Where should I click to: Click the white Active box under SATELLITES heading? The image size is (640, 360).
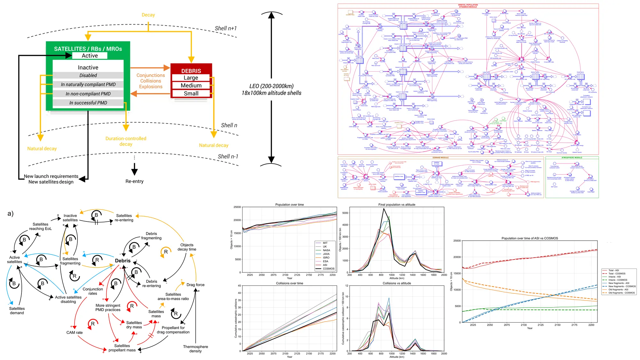pos(90,56)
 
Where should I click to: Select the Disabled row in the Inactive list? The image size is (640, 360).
pos(88,76)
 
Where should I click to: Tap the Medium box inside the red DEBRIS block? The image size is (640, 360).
pos(191,85)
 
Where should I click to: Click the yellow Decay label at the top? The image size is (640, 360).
pos(148,15)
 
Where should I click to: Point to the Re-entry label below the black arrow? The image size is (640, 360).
pos(134,181)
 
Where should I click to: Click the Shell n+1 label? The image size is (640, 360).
pos(226,28)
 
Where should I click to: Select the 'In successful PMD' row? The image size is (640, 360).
pos(88,103)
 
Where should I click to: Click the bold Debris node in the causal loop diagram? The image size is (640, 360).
pos(123,261)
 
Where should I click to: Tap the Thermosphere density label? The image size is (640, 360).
pos(195,349)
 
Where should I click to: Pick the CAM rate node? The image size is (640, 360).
pos(75,332)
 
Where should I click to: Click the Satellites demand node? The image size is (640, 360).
pos(17,311)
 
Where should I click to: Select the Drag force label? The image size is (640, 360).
pos(195,285)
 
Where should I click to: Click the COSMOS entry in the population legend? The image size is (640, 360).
pos(328,269)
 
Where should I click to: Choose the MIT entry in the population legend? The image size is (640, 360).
pos(325,243)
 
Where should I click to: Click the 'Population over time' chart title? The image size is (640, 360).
pos(290,205)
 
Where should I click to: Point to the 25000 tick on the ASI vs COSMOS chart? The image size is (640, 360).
pos(457,241)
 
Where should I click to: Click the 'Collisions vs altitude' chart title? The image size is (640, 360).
pos(397,283)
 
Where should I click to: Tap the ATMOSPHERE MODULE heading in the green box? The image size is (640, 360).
pos(572,157)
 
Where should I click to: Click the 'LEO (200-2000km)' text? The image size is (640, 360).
pos(271,86)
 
